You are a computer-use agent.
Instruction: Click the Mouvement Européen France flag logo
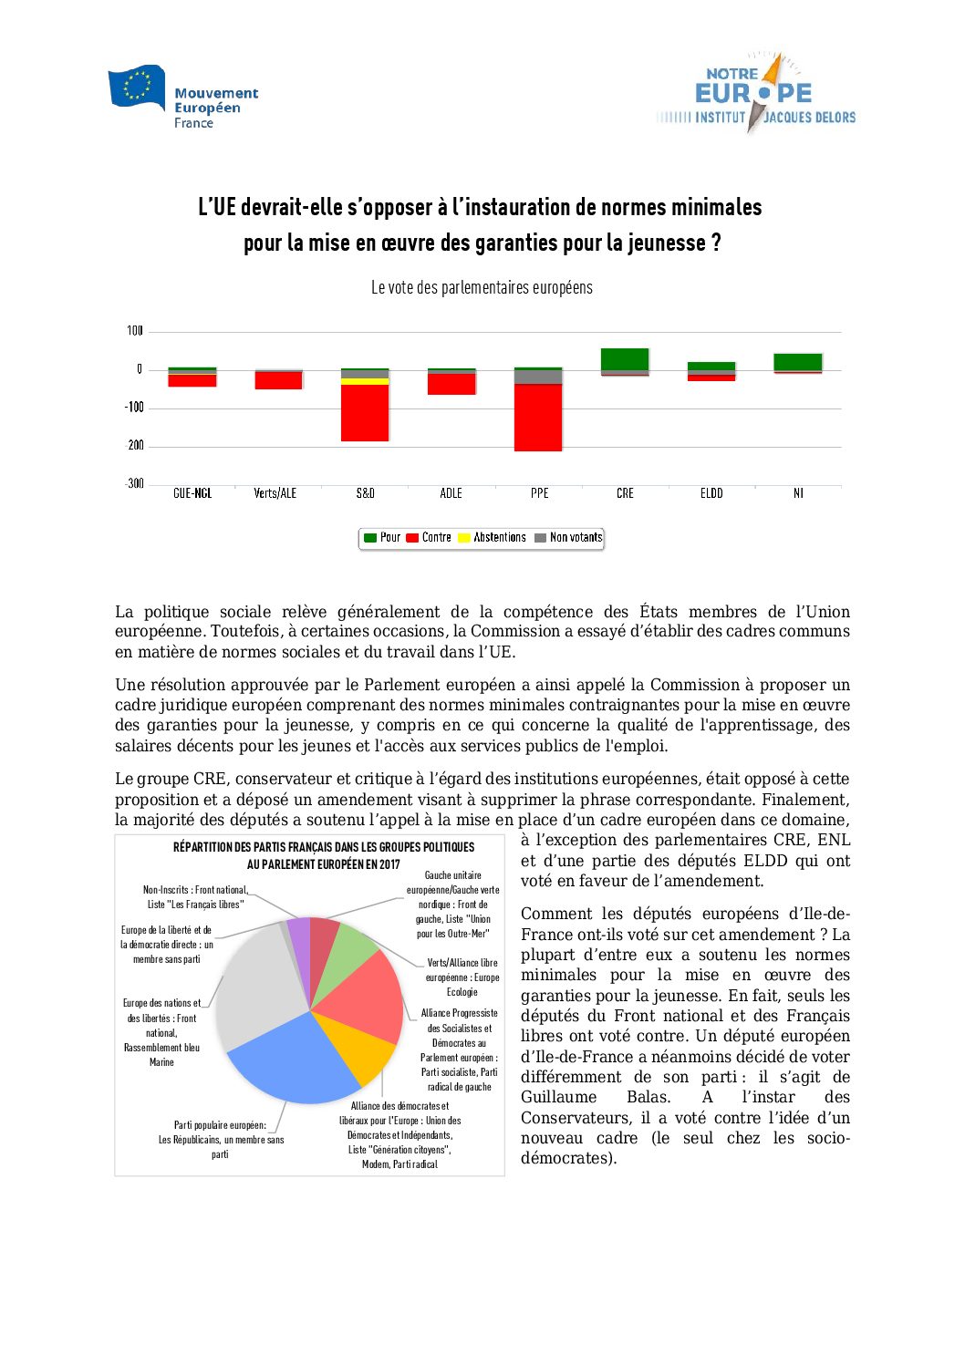click(x=136, y=88)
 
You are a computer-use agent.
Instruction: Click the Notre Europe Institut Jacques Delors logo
click(x=755, y=94)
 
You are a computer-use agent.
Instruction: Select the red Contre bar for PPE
click(x=538, y=418)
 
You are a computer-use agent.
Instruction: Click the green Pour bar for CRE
click(x=625, y=359)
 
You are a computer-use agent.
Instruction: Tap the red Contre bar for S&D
click(x=365, y=413)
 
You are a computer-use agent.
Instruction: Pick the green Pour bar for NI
click(x=798, y=362)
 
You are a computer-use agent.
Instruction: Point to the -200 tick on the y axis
click(x=135, y=446)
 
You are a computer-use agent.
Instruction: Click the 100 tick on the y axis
click(x=135, y=331)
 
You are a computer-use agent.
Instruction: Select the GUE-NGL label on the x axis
click(x=192, y=493)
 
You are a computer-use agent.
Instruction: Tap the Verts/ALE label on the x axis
click(x=275, y=493)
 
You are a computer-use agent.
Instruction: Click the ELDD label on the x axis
click(x=711, y=493)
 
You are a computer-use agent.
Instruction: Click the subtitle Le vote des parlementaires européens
click(x=482, y=288)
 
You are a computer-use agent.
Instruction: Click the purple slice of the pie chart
click(x=299, y=935)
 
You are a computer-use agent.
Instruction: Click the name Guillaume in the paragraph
click(x=558, y=1098)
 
